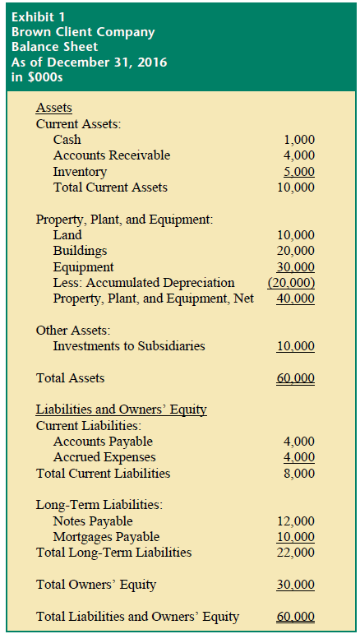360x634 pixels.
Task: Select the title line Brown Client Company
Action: tap(82, 32)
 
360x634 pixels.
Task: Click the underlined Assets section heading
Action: tap(54, 108)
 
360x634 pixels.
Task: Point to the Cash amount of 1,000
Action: tap(298, 140)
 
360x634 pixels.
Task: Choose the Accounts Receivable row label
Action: tap(111, 155)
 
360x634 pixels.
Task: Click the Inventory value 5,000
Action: tap(298, 172)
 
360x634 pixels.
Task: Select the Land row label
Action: tap(67, 234)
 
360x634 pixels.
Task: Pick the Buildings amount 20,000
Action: tap(296, 251)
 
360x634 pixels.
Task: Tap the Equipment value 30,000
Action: tap(296, 266)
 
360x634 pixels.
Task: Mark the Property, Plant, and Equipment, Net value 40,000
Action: tap(296, 298)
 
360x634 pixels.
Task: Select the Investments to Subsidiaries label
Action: tap(129, 345)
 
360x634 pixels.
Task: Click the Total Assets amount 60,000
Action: tap(296, 378)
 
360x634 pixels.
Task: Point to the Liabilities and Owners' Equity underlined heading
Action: tap(121, 410)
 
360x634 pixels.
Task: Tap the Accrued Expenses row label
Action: tap(104, 457)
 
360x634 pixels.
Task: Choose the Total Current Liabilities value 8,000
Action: tap(298, 473)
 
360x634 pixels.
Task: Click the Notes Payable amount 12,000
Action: tap(296, 521)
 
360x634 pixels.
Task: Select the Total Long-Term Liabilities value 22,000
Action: tap(296, 553)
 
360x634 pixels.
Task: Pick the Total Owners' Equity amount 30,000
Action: tap(296, 585)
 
